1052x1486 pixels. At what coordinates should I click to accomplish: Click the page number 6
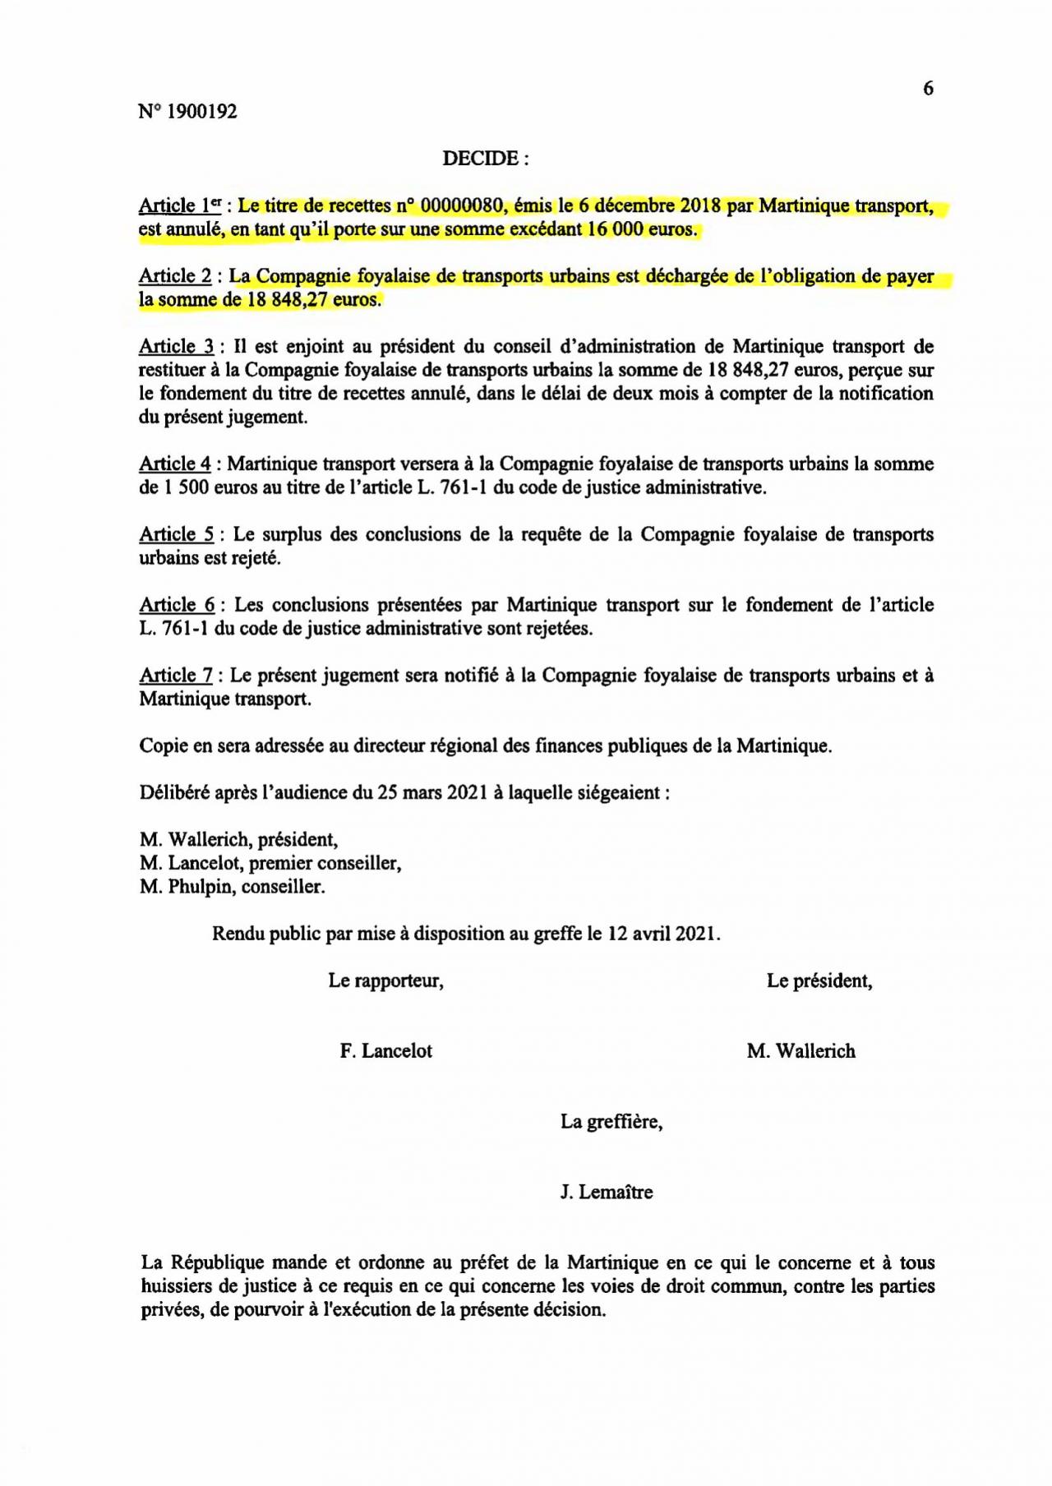928,89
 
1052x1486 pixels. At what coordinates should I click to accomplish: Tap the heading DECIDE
484,159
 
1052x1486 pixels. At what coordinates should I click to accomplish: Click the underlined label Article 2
175,276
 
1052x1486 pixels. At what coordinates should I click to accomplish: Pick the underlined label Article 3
177,346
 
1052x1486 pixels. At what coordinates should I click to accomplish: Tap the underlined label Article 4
175,464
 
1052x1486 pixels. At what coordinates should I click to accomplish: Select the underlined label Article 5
177,534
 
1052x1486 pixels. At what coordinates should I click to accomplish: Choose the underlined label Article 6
177,605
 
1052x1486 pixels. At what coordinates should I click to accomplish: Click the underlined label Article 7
176,676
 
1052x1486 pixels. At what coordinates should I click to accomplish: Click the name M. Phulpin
186,887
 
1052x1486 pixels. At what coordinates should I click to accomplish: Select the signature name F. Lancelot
386,1051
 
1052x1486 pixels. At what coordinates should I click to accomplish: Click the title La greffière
611,1121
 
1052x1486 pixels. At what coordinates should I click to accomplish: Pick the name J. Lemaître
607,1192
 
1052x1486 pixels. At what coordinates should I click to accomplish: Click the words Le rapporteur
385,981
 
